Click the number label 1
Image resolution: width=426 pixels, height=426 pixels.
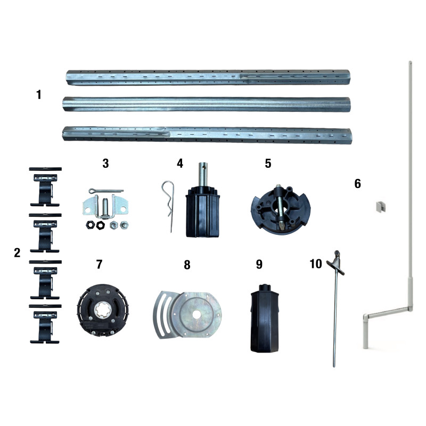[39, 95]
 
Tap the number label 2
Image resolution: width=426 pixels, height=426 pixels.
[17, 252]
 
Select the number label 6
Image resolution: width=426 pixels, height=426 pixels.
[357, 184]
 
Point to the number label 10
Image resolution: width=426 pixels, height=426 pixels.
[316, 264]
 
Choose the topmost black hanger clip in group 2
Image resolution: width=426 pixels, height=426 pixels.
[45, 186]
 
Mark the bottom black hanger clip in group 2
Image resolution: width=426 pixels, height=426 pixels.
[45, 323]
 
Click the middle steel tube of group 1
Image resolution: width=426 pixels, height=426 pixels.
[207, 103]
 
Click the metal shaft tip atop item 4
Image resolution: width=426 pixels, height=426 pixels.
[202, 169]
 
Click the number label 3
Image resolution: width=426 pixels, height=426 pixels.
[105, 163]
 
